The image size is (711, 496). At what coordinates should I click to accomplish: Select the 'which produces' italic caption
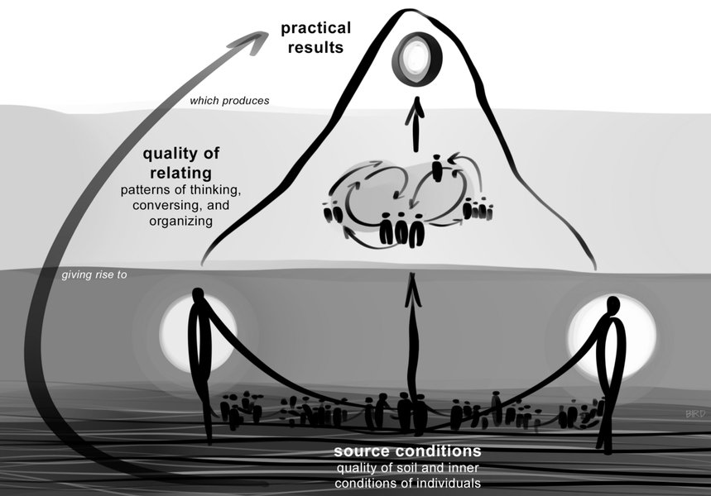pos(229,102)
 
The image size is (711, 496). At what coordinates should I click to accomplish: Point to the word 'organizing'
pos(183,222)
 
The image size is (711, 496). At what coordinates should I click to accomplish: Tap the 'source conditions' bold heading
pos(407,452)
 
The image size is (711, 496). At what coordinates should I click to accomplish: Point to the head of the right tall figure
pos(613,305)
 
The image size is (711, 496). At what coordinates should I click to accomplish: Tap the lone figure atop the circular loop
pos(438,169)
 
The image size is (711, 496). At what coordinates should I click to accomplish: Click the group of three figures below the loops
pos(401,229)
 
